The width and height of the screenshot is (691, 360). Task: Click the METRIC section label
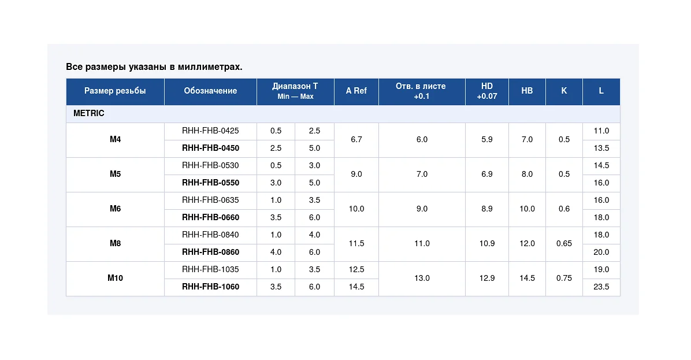[88, 113]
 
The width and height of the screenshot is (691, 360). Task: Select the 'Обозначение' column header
[210, 91]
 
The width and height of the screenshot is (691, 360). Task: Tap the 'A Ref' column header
[356, 91]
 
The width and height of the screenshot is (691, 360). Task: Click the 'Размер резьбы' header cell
[115, 91]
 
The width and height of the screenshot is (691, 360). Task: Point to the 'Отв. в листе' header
[421, 86]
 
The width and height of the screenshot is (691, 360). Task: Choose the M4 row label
[115, 139]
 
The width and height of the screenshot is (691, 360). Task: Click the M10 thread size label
[115, 278]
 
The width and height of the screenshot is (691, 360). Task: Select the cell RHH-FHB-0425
[210, 131]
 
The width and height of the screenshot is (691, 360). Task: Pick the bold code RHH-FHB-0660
[210, 217]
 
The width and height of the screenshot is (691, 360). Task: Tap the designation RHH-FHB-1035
[210, 269]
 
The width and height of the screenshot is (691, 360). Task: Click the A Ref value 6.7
[356, 139]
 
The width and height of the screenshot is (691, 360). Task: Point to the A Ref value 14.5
[356, 287]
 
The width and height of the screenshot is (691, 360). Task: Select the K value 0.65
[564, 243]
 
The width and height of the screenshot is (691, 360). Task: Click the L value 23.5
[601, 287]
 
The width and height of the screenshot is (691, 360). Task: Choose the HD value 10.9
[487, 243]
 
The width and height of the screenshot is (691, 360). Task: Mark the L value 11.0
[601, 131]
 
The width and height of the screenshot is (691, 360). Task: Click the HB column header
[527, 91]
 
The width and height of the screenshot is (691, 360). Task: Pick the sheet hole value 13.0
[422, 278]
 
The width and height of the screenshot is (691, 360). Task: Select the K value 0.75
[564, 278]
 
